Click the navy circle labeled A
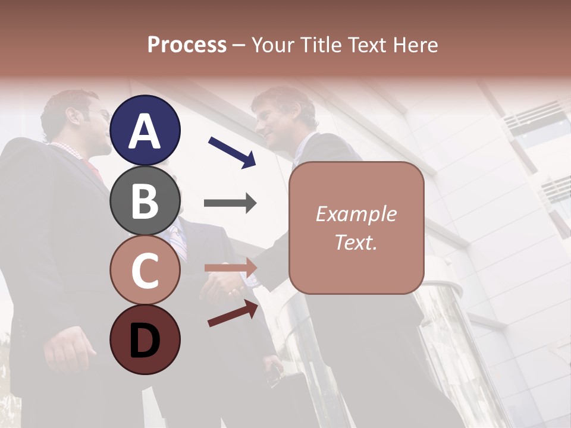point(145,130)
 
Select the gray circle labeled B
point(145,200)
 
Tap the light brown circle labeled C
point(145,270)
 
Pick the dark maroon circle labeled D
point(145,339)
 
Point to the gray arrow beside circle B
point(230,203)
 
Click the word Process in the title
point(187,45)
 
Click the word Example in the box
point(356,214)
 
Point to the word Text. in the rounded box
point(356,242)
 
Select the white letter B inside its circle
point(145,200)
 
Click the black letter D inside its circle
point(145,340)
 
